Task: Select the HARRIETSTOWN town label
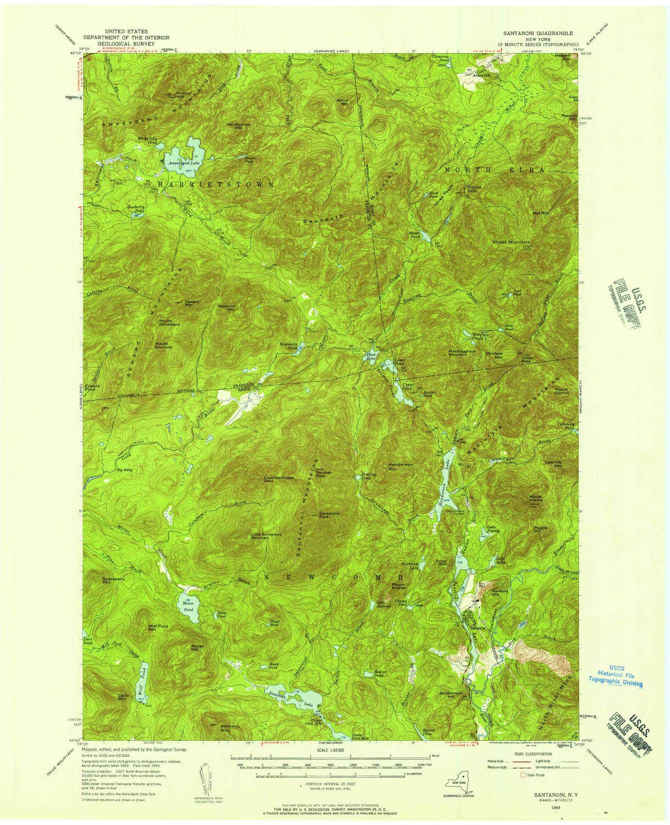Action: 216,185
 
